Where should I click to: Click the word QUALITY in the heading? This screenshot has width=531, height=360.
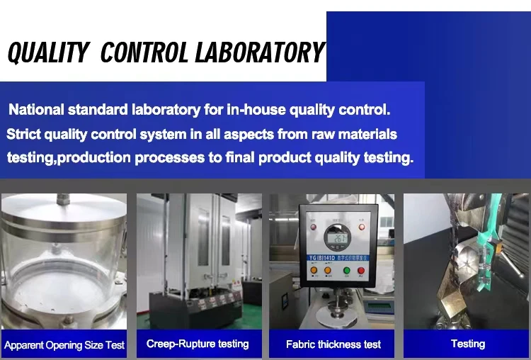point(48,53)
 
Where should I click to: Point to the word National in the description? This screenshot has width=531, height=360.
point(36,111)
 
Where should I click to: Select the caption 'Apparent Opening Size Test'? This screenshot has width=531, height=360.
point(64,345)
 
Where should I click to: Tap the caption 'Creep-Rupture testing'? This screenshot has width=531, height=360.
point(198,344)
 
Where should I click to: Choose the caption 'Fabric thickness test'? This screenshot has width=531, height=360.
point(333,344)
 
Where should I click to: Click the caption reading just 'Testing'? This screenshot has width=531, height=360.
point(468,344)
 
